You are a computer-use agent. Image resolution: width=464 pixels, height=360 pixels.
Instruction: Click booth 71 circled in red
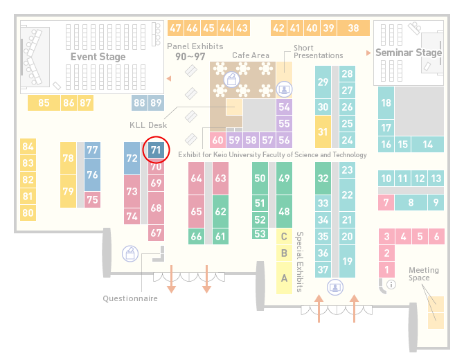(156, 150)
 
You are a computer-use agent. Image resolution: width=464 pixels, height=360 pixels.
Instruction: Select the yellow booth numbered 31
(323, 132)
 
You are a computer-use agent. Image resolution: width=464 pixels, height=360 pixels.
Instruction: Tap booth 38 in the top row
(353, 28)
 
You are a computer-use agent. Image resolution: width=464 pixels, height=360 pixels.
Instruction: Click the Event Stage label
(98, 57)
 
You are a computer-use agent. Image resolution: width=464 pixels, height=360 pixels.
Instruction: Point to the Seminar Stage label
(409, 53)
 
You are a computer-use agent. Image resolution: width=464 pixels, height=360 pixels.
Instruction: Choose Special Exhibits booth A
(284, 278)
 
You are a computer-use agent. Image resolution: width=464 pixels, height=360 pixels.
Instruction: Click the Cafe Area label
(251, 55)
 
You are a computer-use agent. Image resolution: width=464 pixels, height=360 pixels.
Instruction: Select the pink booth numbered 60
(217, 140)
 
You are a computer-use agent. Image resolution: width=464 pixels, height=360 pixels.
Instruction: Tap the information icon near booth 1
(391, 285)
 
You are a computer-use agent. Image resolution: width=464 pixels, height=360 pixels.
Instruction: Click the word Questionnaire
(130, 298)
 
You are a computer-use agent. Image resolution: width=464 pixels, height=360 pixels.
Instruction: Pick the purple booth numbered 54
(284, 107)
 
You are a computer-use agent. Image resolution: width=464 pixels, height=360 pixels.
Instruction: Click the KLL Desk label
(148, 125)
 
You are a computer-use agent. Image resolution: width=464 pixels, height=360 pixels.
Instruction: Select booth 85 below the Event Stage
(44, 102)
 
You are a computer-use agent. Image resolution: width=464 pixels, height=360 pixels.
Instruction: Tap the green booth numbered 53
(260, 234)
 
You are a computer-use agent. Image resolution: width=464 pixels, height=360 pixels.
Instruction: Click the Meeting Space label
(424, 274)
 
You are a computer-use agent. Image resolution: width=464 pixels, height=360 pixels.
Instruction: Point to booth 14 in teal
(427, 145)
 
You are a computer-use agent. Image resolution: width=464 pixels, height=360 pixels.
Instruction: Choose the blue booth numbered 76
(92, 175)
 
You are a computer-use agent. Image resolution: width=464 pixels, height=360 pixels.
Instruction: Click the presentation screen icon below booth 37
(335, 287)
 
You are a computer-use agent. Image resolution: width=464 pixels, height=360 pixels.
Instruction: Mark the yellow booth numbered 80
(28, 213)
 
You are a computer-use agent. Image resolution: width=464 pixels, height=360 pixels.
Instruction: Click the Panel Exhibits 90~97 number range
(190, 57)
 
